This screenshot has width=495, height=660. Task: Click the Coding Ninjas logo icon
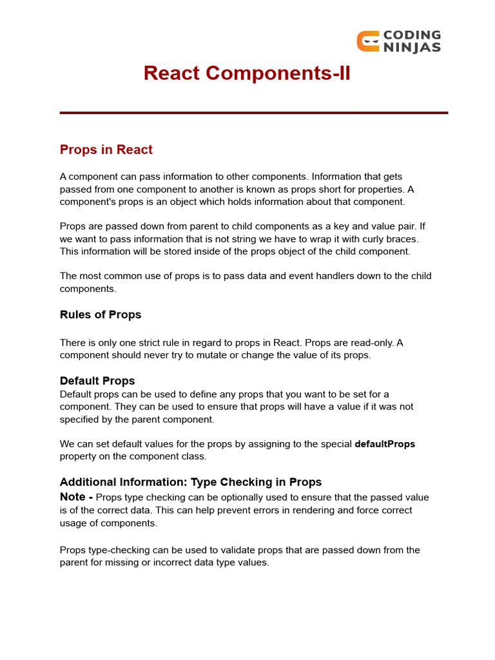click(x=367, y=41)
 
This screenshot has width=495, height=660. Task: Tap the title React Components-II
click(x=247, y=73)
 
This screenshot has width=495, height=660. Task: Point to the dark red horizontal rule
click(x=253, y=113)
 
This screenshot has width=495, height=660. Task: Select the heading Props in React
click(x=106, y=150)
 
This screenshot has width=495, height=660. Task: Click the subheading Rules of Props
click(x=101, y=315)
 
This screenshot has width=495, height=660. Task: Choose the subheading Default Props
click(x=97, y=380)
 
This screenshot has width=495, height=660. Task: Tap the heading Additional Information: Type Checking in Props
click(x=191, y=482)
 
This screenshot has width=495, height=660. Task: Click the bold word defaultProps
click(x=385, y=444)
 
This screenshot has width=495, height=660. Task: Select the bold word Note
click(x=72, y=497)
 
